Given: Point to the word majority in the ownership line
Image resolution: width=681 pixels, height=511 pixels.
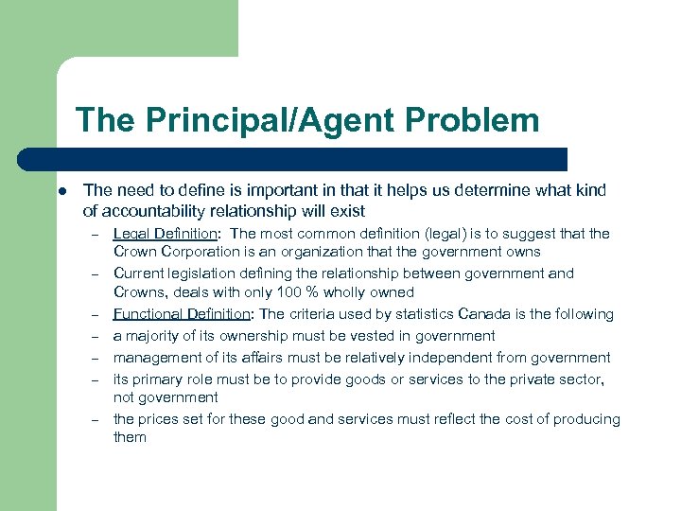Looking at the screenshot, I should [x=153, y=336].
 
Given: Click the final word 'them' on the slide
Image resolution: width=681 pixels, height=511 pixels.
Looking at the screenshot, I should [x=130, y=437].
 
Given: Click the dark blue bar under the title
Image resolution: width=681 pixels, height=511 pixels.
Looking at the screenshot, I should [x=312, y=158].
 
